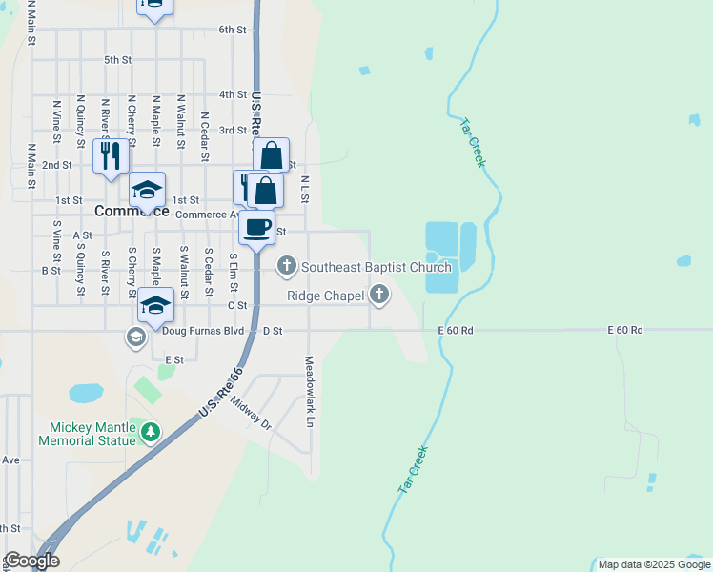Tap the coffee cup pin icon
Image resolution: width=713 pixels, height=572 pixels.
click(x=255, y=227)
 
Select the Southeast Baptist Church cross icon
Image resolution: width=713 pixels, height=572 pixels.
click(x=286, y=266)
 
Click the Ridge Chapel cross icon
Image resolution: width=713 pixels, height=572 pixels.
click(x=379, y=296)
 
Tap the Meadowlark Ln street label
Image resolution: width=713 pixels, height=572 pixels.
click(x=309, y=391)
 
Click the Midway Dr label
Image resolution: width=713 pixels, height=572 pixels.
click(x=251, y=414)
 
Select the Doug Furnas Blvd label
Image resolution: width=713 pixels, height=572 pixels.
click(x=202, y=331)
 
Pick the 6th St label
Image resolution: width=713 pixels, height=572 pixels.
click(x=232, y=30)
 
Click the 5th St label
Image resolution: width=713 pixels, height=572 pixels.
click(x=117, y=60)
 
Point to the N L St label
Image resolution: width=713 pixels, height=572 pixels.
click(x=305, y=189)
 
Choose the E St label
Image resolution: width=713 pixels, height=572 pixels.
click(x=173, y=359)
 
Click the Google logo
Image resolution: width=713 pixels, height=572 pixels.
click(x=31, y=561)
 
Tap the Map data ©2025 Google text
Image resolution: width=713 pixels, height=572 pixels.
click(x=654, y=564)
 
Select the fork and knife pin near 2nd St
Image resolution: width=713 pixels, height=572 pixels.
click(x=111, y=155)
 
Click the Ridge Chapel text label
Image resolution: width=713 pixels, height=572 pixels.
click(x=326, y=296)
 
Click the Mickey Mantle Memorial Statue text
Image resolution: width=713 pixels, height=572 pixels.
click(x=87, y=434)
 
